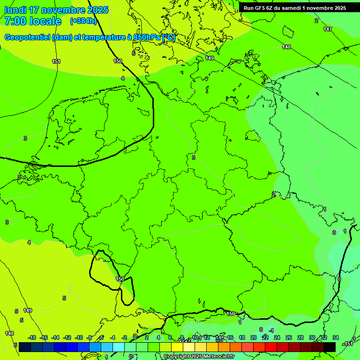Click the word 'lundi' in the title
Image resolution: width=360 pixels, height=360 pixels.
(x=15, y=10)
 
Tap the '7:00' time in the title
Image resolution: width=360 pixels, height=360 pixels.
(x=15, y=21)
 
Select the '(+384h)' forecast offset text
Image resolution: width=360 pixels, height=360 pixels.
(x=83, y=21)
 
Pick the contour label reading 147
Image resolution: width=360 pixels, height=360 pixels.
(x=327, y=29)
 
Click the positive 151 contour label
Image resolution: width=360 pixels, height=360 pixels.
(x=56, y=61)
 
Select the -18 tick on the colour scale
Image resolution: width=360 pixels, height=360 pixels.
(x=32, y=337)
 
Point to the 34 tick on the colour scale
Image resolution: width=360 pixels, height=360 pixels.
(x=336, y=337)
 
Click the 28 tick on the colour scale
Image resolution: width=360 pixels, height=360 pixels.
(x=300, y=337)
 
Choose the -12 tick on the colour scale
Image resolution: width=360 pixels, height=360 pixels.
(x=67, y=337)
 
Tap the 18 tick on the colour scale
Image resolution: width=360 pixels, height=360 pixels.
(x=242, y=337)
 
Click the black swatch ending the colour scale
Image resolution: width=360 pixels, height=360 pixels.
(x=330, y=347)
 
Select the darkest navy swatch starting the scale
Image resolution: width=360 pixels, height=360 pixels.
(x=25, y=347)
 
